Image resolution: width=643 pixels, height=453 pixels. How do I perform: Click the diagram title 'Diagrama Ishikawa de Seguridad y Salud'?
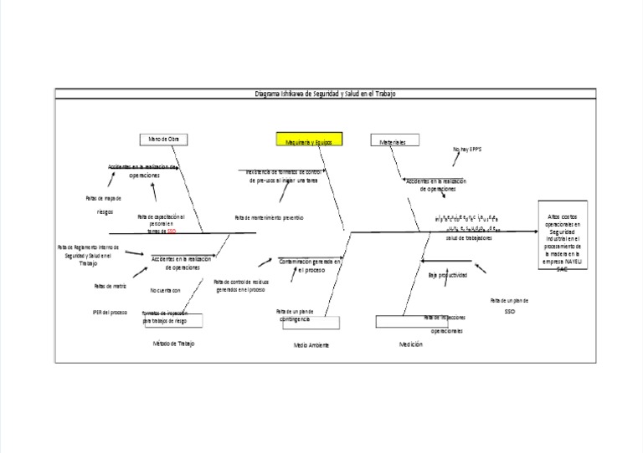[x=325, y=94]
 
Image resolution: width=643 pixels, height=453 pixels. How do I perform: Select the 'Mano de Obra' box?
[x=164, y=139]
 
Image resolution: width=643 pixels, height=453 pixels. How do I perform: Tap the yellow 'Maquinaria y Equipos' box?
[x=308, y=142]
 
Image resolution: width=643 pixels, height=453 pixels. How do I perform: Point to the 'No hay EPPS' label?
[x=468, y=150]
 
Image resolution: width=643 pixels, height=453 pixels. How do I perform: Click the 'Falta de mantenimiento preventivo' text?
[x=269, y=217]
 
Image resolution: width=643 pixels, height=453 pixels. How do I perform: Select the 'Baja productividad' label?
[x=448, y=274]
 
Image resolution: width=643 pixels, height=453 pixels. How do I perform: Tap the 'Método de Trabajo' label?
[x=173, y=344]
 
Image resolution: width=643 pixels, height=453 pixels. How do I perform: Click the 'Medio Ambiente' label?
[x=311, y=345]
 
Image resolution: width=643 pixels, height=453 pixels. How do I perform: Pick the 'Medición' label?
[x=411, y=344]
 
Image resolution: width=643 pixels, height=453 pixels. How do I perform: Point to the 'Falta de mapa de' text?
[x=104, y=199]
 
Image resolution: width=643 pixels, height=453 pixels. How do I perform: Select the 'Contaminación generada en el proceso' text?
[x=310, y=266]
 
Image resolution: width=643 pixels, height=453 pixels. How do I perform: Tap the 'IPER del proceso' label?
[x=110, y=313]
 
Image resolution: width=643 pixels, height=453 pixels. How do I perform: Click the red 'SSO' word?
[x=172, y=232]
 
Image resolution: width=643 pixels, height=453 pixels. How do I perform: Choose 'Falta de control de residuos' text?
[x=241, y=286]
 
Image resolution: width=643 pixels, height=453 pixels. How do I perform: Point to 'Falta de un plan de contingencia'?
[x=295, y=315]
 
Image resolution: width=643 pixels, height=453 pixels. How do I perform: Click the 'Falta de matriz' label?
[x=109, y=286]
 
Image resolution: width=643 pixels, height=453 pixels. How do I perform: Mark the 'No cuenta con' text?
[x=165, y=290]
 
